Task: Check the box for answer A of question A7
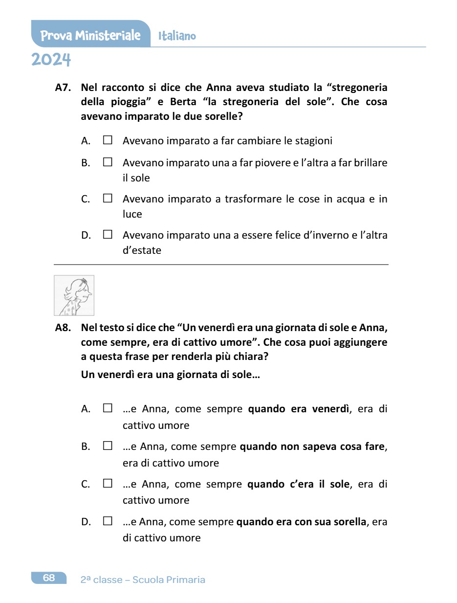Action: click(108, 141)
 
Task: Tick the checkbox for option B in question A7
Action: click(108, 162)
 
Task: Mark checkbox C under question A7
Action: click(108, 199)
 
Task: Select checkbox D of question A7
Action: click(108, 235)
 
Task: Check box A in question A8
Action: click(108, 408)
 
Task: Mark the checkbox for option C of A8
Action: click(108, 484)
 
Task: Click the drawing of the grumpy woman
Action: click(74, 295)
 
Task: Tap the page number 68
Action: click(49, 578)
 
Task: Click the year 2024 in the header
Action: click(51, 60)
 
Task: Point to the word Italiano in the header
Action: click(177, 36)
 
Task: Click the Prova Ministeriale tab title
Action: click(90, 35)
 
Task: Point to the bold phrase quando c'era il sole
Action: click(299, 484)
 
